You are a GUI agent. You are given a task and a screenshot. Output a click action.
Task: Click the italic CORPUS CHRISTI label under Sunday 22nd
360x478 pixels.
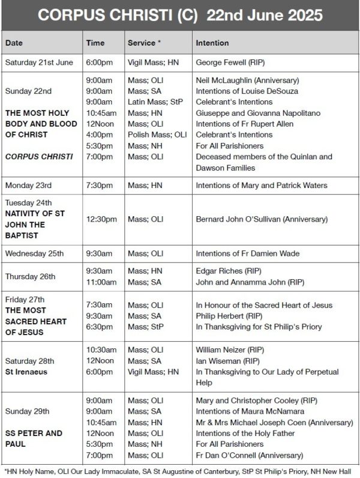38,157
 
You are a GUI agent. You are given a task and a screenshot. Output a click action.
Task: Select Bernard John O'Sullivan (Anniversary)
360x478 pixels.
262,220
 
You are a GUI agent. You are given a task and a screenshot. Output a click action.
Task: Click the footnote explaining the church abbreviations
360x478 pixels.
179,472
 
